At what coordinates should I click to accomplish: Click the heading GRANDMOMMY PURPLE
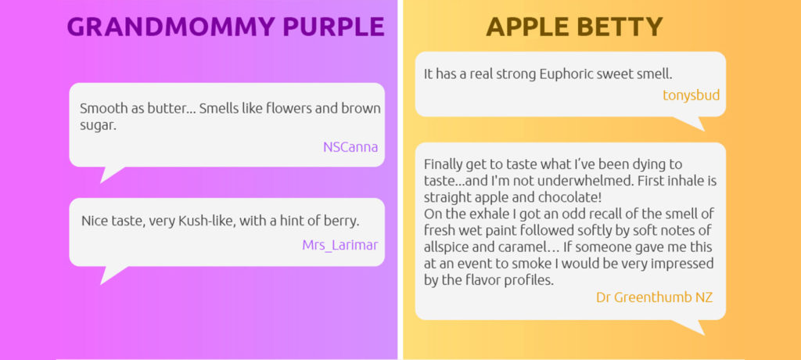pos(225,27)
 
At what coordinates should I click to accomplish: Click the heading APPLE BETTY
pos(574,27)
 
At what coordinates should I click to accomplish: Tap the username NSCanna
pos(350,147)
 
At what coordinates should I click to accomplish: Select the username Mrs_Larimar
pos(340,245)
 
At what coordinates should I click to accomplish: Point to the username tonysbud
pos(691,95)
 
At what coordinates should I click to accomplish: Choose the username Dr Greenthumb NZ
pos(655,297)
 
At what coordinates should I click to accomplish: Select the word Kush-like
pos(208,221)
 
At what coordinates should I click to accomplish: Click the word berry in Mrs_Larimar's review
pos(344,222)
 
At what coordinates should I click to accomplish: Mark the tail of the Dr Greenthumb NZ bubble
pos(691,326)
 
